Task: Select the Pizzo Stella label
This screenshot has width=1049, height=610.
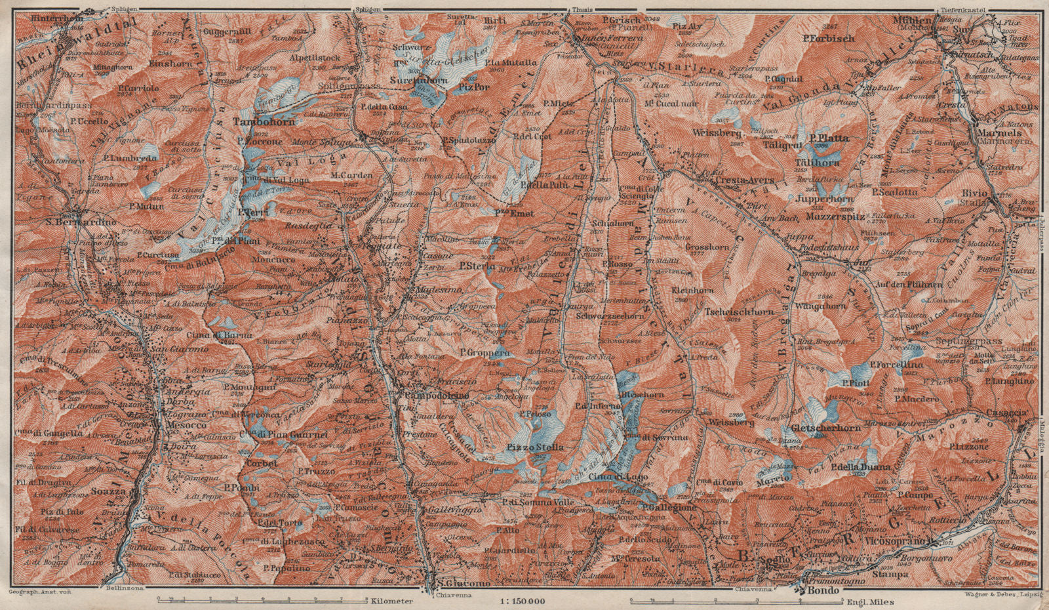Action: click(x=534, y=447)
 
